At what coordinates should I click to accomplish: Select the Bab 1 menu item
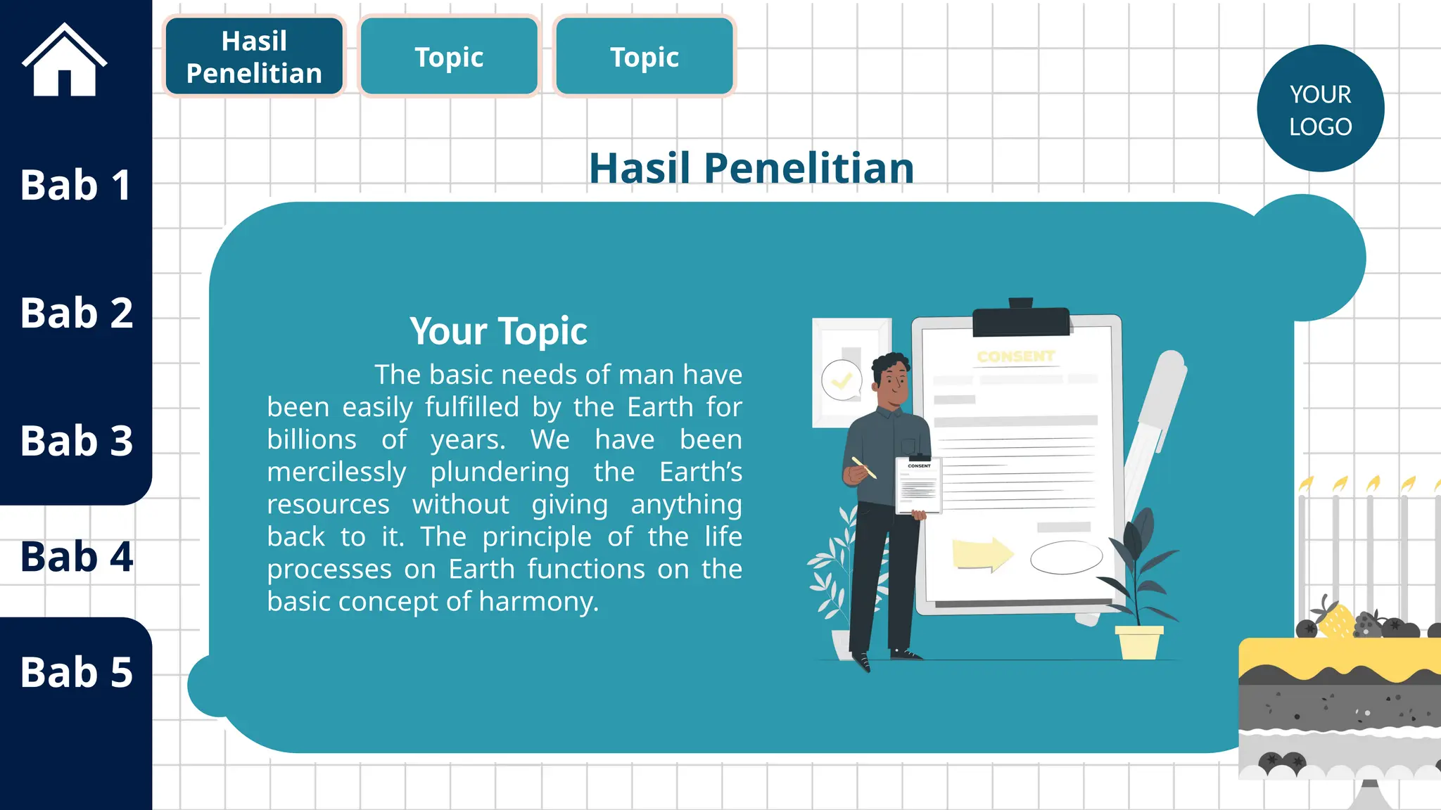75,185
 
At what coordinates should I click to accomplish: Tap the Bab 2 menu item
76,313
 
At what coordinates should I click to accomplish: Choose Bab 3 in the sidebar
76,441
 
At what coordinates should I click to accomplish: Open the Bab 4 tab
76,557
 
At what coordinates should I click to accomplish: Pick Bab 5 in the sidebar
76,672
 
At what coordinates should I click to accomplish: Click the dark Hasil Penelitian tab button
254,57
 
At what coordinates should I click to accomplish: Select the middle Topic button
449,57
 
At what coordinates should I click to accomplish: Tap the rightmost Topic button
644,57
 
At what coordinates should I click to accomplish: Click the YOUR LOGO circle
1320,108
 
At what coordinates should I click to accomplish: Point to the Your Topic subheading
498,331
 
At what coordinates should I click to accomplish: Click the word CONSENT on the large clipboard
1015,356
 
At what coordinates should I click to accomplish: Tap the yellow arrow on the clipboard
982,554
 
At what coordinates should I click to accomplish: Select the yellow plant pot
1138,642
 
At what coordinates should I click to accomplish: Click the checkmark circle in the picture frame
842,380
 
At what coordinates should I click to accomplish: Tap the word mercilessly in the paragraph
336,472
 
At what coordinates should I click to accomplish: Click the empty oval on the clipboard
1066,558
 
